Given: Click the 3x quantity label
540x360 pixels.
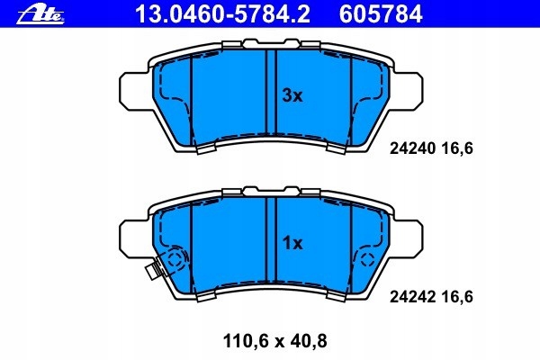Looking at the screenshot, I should point(292,95).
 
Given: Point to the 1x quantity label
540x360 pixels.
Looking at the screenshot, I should point(292,243).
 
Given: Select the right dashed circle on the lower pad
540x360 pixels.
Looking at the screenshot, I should point(367,260).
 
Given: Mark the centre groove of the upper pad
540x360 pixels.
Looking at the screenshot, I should point(272,94).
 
